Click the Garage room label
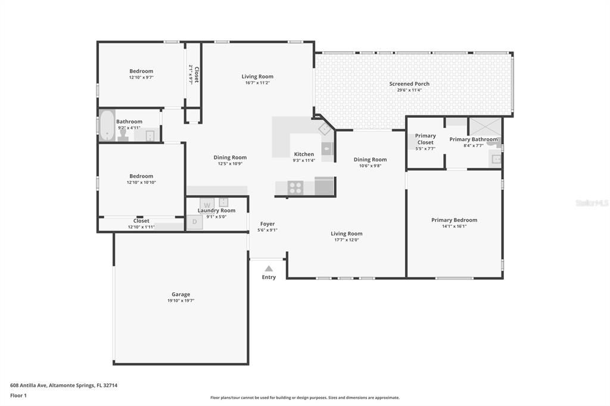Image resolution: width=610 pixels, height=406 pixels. [180, 294]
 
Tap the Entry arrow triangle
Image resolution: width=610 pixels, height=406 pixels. [269, 268]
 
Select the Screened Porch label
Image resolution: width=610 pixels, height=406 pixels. [409, 84]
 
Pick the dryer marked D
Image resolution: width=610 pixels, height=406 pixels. [194, 222]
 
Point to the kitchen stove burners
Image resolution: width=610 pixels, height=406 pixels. [295, 188]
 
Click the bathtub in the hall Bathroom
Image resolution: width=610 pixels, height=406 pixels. [107, 126]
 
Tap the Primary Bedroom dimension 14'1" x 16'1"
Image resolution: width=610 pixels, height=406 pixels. [454, 226]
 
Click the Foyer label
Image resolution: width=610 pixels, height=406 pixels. [267, 224]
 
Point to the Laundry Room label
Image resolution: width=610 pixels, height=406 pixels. [216, 210]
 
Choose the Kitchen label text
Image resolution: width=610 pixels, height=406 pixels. [304, 154]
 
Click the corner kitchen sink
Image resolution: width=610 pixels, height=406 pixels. [325, 128]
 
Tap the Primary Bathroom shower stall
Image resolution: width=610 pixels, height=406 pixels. [485, 126]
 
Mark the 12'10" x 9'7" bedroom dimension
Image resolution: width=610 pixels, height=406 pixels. [141, 77]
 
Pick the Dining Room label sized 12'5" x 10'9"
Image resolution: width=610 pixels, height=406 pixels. [230, 158]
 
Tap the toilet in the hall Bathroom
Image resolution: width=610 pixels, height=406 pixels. [123, 136]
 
